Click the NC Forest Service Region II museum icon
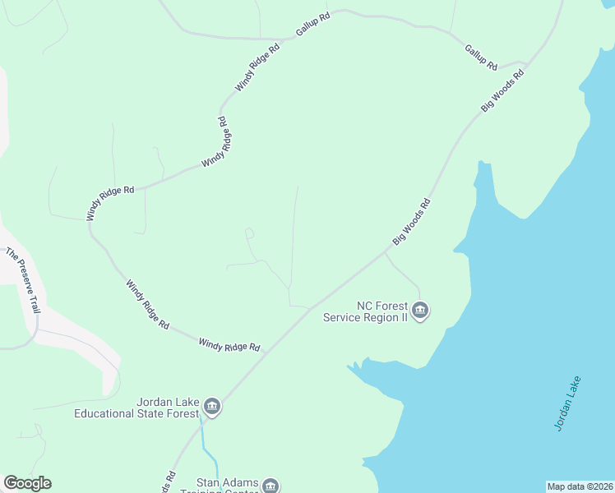[420, 311]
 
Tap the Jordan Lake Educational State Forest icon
[212, 407]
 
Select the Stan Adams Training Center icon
[271, 486]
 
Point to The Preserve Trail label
[22, 280]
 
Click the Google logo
[27, 483]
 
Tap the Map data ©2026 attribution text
[580, 486]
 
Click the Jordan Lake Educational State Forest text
[136, 408]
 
